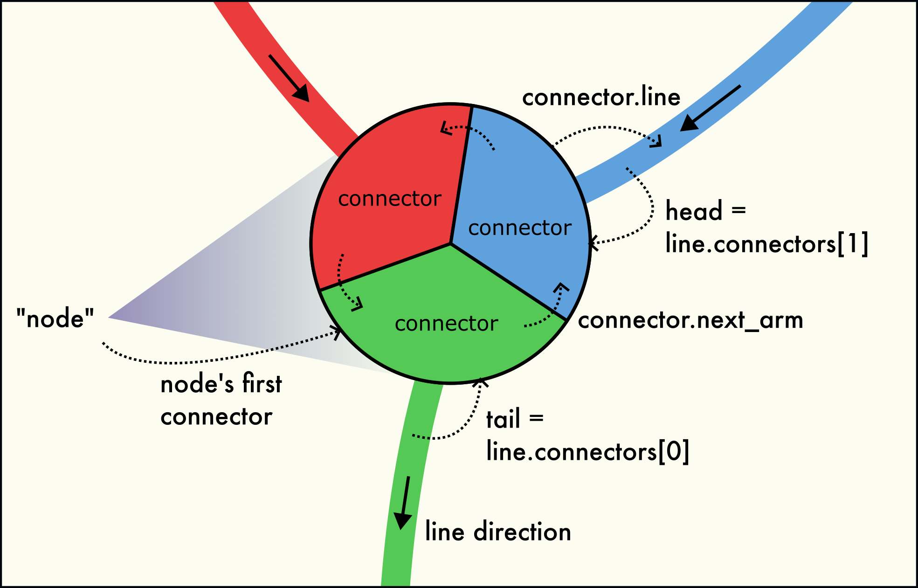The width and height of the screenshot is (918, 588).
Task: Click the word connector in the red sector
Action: pyautogui.click(x=389, y=199)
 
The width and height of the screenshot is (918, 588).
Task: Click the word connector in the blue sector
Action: pyautogui.click(x=519, y=228)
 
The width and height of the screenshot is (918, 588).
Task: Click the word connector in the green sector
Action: pyautogui.click(x=446, y=324)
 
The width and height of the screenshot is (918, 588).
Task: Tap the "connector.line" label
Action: pyautogui.click(x=601, y=97)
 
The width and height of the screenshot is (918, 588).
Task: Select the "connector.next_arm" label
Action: pyautogui.click(x=690, y=320)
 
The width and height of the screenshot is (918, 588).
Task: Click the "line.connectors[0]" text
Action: pyautogui.click(x=587, y=451)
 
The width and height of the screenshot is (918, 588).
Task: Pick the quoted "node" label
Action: pyautogui.click(x=55, y=319)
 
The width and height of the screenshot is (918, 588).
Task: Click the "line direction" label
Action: pyautogui.click(x=498, y=532)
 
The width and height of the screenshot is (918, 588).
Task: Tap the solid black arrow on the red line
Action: pyautogui.click(x=289, y=77)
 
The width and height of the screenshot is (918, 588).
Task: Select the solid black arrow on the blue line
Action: pyautogui.click(x=710, y=108)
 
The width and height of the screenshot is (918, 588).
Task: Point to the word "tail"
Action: pyautogui.click(x=503, y=419)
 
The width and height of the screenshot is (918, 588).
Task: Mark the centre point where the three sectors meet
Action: pyautogui.click(x=450, y=243)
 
